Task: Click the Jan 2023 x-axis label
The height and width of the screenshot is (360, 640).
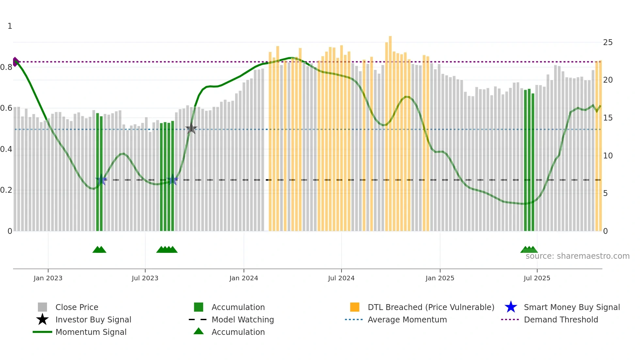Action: (x=48, y=278)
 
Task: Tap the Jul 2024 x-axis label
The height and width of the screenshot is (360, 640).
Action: (x=341, y=278)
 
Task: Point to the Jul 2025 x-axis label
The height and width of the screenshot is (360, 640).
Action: (x=537, y=278)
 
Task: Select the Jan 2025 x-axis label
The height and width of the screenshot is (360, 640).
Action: (x=440, y=278)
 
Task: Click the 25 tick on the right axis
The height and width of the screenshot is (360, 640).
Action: (x=608, y=42)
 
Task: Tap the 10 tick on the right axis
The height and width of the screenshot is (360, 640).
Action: (x=608, y=156)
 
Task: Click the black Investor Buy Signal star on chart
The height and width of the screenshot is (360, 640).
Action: (x=191, y=129)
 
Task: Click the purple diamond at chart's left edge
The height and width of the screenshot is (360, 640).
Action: (x=15, y=62)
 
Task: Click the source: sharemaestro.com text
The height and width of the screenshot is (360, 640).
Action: (x=577, y=256)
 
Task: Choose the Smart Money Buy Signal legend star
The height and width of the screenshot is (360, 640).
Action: (x=511, y=307)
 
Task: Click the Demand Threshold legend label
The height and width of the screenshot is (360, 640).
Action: (x=561, y=319)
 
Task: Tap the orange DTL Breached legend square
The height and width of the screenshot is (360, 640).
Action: (x=355, y=307)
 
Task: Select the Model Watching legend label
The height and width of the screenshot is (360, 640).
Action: (x=243, y=319)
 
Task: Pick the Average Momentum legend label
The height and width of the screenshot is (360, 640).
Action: (x=407, y=319)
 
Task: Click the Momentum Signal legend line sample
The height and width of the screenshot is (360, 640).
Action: (x=42, y=332)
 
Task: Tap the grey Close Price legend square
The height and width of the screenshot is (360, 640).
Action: (x=42, y=307)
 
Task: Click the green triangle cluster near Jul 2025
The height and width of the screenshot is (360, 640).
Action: (x=529, y=250)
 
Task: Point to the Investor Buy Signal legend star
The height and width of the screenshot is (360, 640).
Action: (x=42, y=319)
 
